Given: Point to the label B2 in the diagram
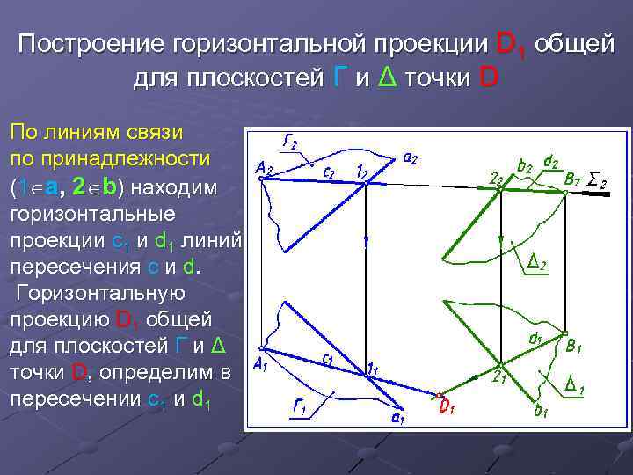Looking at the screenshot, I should (x=573, y=179).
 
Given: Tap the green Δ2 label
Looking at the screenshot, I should (x=538, y=262).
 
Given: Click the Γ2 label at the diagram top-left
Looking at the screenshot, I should (x=289, y=142).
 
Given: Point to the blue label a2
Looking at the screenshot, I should (x=410, y=158).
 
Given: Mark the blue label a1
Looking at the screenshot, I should (x=397, y=418).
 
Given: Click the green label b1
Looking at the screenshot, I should (x=542, y=408).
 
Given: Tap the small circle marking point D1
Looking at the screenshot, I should (x=437, y=395).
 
